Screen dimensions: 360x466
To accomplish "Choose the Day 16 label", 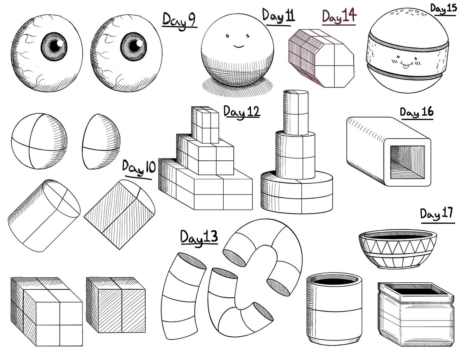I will pyautogui.click(x=416, y=113).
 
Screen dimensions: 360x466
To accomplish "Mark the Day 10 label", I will pyautogui.click(x=138, y=168).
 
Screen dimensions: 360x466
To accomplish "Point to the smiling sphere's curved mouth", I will pyautogui.click(x=238, y=45).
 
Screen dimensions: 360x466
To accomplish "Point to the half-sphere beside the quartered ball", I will pyautogui.click(x=101, y=142).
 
